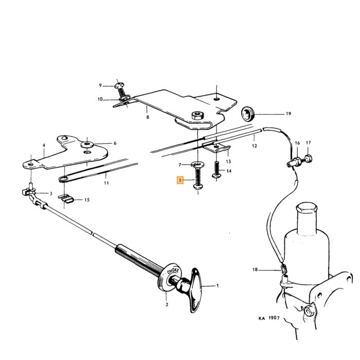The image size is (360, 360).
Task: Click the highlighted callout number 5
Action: coord(180,180)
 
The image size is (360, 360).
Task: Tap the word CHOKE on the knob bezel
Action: coord(173,271)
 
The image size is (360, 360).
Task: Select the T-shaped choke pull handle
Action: coord(193,290)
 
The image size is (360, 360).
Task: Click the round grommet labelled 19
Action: coord(247,114)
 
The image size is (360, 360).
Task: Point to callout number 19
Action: coord(289,114)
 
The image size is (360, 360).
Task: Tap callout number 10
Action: coord(100,99)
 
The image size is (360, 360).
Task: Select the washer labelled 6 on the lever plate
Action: coord(87,145)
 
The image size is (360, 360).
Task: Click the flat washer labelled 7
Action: coord(198,165)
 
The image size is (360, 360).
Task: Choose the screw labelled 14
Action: coord(217,170)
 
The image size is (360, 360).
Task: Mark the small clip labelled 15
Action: coord(65,199)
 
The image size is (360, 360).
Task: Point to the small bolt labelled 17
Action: coord(308,158)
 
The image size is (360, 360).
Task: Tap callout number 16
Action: coord(297,143)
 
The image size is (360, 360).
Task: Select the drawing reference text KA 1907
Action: coord(269,318)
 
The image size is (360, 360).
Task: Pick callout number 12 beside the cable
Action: coord(255,146)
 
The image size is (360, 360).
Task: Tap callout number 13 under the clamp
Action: coord(228,161)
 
